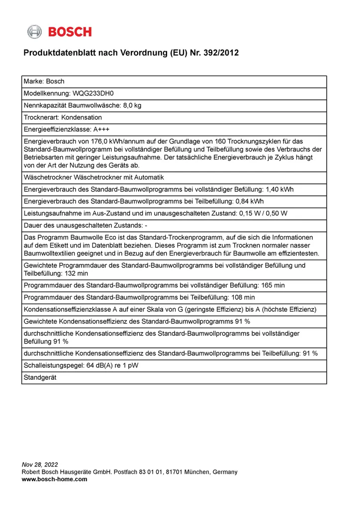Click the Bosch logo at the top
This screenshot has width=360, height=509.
[x=59, y=32]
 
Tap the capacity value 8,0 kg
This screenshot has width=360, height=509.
[x=132, y=105]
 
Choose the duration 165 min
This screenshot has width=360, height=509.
[x=271, y=286]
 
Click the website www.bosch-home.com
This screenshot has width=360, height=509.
[x=55, y=479]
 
